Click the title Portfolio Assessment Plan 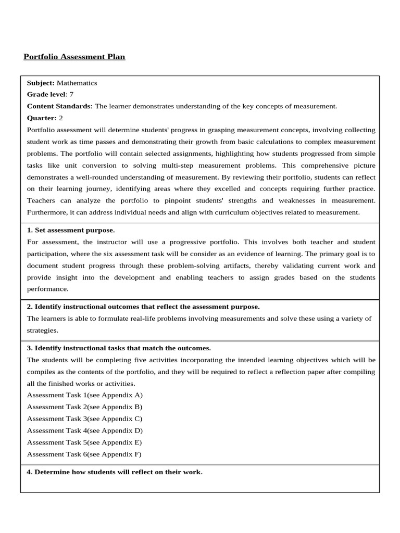click(x=74, y=57)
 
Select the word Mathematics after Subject click(x=77, y=83)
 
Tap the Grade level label click(x=46, y=94)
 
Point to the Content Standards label click(x=59, y=106)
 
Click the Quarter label click(x=41, y=118)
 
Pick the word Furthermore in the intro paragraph click(x=47, y=212)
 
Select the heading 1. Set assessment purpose click(x=71, y=230)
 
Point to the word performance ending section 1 click(x=47, y=289)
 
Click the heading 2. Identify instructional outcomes click(x=143, y=307)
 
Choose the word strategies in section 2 click(x=42, y=330)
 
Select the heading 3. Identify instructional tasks click(x=119, y=348)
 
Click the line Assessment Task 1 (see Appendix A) click(x=84, y=395)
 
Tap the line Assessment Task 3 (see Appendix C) click(x=84, y=418)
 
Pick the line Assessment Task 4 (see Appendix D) click(x=84, y=430)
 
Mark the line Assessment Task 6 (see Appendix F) click(x=84, y=454)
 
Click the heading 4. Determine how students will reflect click(x=115, y=472)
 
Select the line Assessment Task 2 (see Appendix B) click(x=84, y=407)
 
